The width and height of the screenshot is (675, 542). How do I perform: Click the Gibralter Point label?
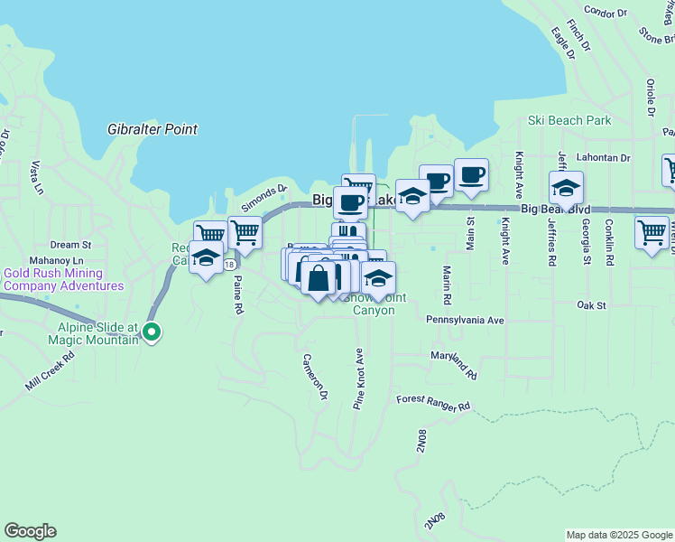(152, 129)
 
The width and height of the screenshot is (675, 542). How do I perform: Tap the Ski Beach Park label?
(569, 120)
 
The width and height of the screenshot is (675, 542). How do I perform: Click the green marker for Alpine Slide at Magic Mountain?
(153, 333)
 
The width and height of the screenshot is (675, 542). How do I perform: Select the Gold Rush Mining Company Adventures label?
(63, 279)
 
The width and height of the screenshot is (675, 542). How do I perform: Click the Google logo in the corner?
(30, 531)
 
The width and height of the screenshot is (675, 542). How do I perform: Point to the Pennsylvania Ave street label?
(465, 321)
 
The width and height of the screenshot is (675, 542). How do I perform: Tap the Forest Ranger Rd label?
(433, 403)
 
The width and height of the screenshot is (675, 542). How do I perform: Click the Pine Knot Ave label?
(358, 378)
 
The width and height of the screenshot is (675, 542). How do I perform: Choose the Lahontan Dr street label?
(606, 157)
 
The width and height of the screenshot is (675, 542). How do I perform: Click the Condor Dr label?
(606, 13)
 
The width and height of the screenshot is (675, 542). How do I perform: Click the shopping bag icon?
(319, 277)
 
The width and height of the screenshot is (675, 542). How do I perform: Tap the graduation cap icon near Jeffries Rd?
(566, 188)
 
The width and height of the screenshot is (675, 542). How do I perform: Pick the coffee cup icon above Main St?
(471, 174)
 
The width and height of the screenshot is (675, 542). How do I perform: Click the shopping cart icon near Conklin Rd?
(652, 232)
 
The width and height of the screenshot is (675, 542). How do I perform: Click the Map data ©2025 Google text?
(619, 535)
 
